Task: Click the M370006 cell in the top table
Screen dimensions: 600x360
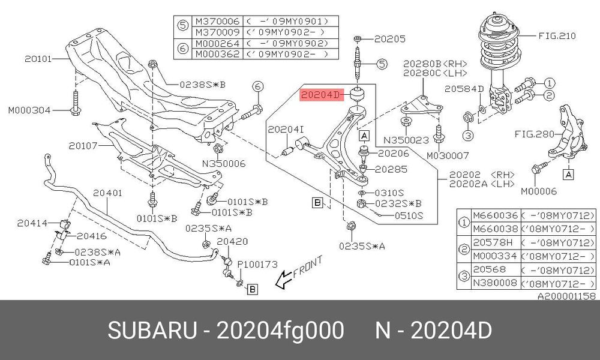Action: tap(217, 21)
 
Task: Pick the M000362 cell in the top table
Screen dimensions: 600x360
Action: tap(217, 54)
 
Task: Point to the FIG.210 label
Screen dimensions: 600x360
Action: tap(557, 36)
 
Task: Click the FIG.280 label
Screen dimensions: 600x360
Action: tap(534, 134)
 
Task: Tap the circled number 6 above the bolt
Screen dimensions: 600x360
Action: tap(257, 86)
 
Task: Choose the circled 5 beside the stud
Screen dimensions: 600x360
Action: tap(382, 64)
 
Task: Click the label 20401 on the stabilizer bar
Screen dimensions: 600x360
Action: tap(107, 193)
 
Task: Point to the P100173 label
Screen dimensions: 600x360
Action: tap(257, 265)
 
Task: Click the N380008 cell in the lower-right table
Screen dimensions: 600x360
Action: tap(495, 283)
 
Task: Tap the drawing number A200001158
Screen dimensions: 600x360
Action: tap(567, 296)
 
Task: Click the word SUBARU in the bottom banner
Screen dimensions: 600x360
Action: tap(152, 331)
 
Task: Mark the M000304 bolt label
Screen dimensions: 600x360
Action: tap(29, 110)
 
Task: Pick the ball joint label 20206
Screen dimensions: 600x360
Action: tap(394, 154)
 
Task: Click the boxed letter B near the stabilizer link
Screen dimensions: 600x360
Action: tap(252, 289)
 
